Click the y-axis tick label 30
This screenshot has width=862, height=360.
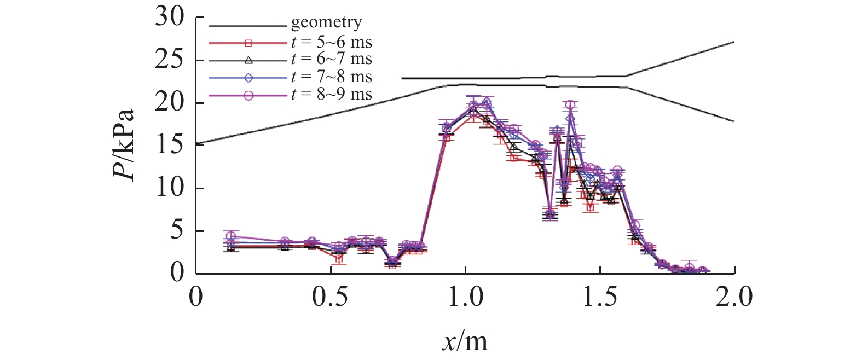pyautogui.click(x=170, y=18)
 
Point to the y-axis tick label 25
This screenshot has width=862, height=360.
pyautogui.click(x=170, y=60)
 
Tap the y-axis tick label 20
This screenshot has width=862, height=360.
pyautogui.click(x=170, y=103)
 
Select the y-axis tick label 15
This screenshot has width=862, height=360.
pyautogui.click(x=170, y=146)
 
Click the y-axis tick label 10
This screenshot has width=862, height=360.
pyautogui.click(x=170, y=188)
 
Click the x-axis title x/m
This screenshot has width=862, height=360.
pyautogui.click(x=465, y=342)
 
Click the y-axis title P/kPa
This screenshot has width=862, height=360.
pyautogui.click(x=124, y=146)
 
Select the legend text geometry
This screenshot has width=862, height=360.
pyautogui.click(x=326, y=23)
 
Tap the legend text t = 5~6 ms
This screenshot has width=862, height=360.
pyautogui.click(x=332, y=42)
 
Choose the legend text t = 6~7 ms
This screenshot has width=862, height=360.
pyautogui.click(x=332, y=59)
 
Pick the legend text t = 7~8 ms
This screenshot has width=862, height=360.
pyautogui.click(x=332, y=77)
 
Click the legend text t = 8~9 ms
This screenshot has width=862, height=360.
pyautogui.click(x=332, y=95)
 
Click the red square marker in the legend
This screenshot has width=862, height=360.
pyautogui.click(x=248, y=43)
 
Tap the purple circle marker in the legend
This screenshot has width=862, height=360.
pyautogui.click(x=248, y=95)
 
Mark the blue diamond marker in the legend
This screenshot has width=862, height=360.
pyautogui.click(x=248, y=78)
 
